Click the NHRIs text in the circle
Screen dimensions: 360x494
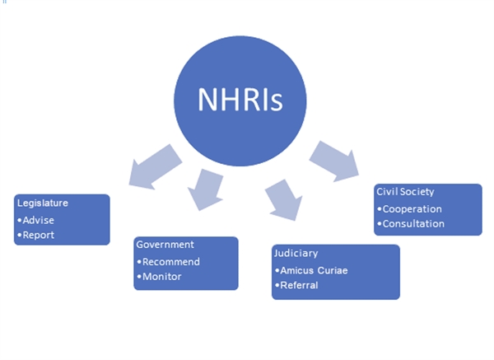(240, 99)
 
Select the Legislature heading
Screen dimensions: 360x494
(42, 203)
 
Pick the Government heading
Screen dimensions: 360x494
(165, 245)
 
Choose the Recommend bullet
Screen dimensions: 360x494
(171, 262)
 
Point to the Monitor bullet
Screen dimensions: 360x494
(161, 277)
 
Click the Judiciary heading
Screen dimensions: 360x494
(297, 254)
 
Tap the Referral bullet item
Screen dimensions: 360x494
(299, 286)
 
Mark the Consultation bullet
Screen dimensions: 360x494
(414, 223)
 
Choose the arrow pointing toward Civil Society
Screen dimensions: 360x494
(333, 159)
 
